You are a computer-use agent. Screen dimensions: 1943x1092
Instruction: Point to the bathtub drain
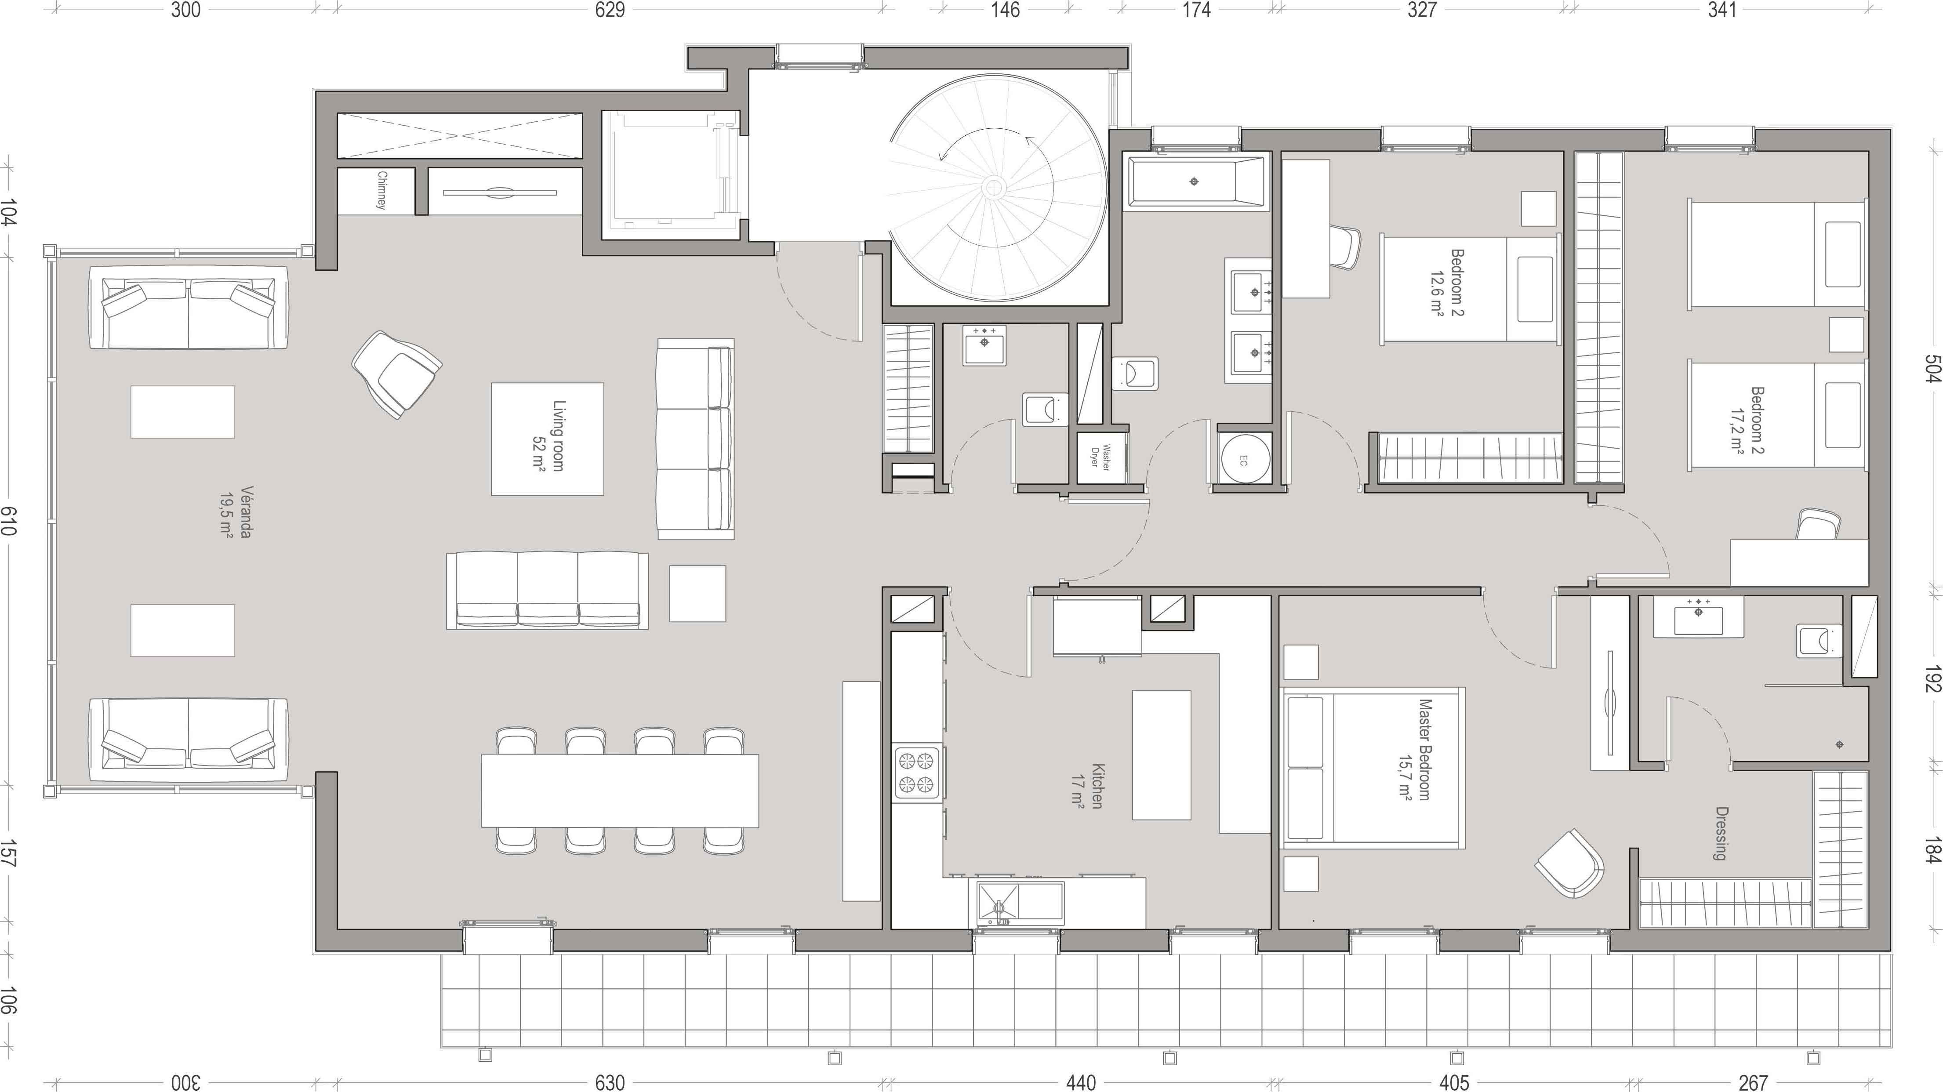1193,182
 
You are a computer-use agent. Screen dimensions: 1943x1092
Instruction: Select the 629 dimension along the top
610,10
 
